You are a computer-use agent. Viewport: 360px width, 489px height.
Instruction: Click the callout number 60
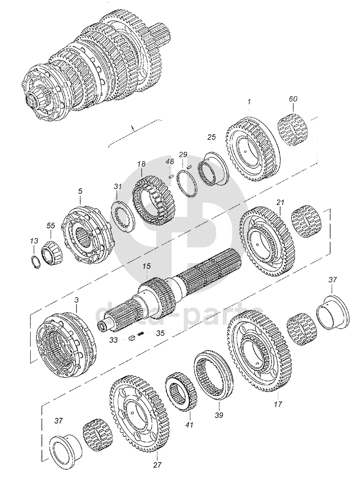[x=293, y=99]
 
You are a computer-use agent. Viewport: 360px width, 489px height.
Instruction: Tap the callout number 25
[x=211, y=138]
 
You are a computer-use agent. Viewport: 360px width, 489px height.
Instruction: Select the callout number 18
[x=141, y=164]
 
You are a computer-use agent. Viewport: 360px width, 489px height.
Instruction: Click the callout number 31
[x=118, y=187]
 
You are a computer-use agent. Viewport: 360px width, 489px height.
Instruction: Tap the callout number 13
[x=33, y=241]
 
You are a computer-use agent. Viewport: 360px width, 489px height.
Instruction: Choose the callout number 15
[x=147, y=265]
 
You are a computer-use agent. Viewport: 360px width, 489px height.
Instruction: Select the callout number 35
[x=161, y=332]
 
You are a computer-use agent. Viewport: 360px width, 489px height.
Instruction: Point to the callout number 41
[x=189, y=425]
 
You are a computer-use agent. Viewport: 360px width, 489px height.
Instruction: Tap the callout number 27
[x=157, y=464]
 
